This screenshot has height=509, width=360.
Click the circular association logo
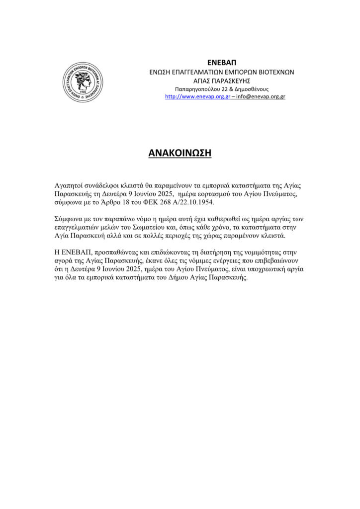(83, 82)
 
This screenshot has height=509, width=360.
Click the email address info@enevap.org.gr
(262, 96)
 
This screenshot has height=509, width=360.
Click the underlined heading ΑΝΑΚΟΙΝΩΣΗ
(180, 154)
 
